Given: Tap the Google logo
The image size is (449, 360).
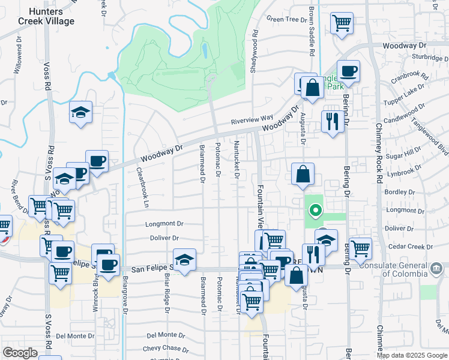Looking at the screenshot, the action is (x=20, y=353).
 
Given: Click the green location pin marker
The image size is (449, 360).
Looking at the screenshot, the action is (x=314, y=211).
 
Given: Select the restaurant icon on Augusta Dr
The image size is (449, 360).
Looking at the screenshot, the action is (x=331, y=122).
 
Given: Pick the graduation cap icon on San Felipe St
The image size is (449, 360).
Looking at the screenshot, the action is (x=185, y=260).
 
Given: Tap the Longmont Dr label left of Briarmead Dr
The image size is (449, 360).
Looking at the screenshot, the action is (x=163, y=224).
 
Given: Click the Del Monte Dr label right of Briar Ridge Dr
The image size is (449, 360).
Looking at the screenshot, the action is (x=161, y=335).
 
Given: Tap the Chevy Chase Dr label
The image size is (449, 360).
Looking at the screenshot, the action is (x=166, y=349).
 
